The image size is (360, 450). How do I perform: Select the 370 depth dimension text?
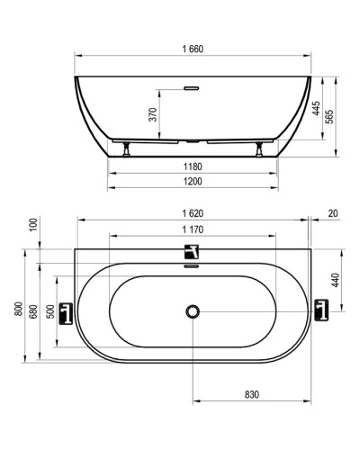pos(154,114)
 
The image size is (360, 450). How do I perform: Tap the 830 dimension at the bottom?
pos(251,394)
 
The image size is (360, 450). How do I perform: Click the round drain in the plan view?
pos(191,311)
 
